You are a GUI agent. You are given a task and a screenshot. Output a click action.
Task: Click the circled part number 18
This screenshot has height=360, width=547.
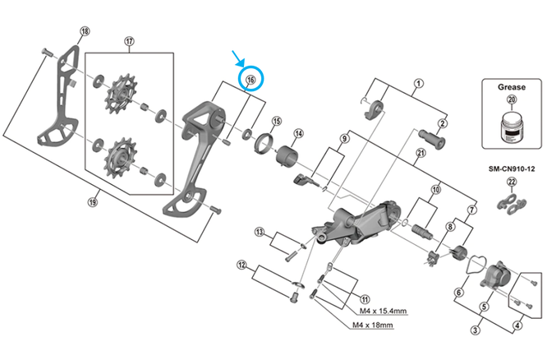(84, 31)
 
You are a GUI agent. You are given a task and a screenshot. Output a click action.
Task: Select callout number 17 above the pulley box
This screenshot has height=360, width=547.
(129, 42)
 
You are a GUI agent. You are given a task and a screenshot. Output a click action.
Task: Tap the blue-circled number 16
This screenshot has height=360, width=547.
(251, 80)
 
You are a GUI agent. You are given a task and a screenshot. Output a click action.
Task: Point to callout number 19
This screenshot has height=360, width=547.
(93, 201)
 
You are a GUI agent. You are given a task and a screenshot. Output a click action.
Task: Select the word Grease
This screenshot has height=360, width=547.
(512, 85)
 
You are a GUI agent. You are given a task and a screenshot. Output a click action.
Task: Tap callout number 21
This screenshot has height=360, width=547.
(421, 154)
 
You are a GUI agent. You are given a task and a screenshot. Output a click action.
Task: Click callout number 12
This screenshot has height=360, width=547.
(241, 265)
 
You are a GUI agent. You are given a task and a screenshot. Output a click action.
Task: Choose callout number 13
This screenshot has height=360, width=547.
(259, 232)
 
